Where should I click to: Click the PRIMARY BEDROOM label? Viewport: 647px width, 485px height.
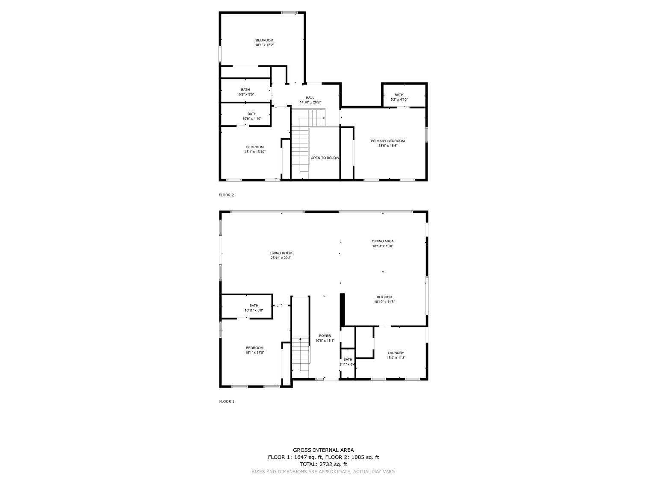click(387, 141)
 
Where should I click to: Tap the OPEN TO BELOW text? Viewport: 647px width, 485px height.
click(325, 158)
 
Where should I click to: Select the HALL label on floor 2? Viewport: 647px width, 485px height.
click(310, 98)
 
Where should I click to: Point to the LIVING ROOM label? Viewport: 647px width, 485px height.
click(281, 253)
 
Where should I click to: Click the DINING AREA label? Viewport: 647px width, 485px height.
click(383, 241)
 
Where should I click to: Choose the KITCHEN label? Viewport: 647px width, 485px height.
click(384, 297)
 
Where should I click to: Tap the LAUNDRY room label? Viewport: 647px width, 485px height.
click(396, 353)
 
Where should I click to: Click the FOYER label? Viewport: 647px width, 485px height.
click(325, 336)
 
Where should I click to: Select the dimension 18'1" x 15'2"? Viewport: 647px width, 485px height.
click(264, 45)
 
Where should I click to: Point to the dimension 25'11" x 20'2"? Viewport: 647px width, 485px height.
click(281, 258)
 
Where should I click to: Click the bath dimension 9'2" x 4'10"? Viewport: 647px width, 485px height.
click(399, 100)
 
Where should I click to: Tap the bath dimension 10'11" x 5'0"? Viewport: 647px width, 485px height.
click(254, 310)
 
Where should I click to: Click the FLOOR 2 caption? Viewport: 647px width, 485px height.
click(226, 195)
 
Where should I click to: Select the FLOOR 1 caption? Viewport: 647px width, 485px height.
click(227, 402)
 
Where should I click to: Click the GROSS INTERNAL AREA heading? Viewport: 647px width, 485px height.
click(323, 450)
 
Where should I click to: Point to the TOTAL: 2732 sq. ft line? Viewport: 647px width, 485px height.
click(323, 464)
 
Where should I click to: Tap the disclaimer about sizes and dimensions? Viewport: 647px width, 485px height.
click(323, 472)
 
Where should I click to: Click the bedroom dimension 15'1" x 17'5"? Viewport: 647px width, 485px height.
click(254, 353)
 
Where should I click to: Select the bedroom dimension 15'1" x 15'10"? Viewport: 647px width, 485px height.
click(255, 152)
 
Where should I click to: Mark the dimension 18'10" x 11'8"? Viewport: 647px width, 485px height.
click(384, 302)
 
